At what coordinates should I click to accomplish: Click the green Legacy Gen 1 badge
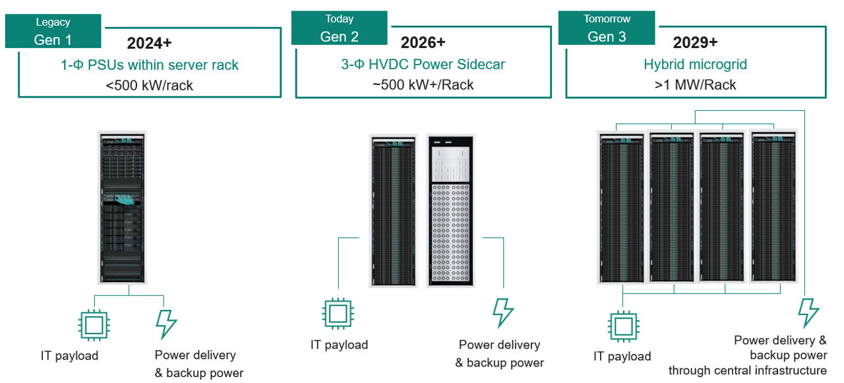(53, 31)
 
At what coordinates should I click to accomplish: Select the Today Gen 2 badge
(339, 28)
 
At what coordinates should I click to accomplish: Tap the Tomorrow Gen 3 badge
(607, 28)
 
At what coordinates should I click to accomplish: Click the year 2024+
(149, 44)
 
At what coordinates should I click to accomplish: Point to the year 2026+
(423, 44)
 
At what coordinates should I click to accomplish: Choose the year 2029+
(695, 44)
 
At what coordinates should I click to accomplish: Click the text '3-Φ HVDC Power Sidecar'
(423, 65)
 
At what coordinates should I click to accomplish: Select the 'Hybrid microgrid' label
(695, 65)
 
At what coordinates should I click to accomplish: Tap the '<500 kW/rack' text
(149, 85)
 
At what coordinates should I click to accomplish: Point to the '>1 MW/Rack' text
(695, 85)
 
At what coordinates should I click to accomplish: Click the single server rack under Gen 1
(122, 208)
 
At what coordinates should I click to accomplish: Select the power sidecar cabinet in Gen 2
(450, 210)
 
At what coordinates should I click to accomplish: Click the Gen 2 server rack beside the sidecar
(394, 210)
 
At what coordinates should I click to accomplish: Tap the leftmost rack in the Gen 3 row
(622, 208)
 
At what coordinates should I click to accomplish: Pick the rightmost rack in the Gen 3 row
(773, 208)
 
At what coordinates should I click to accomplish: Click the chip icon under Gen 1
(94, 324)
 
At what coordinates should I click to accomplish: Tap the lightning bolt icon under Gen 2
(503, 312)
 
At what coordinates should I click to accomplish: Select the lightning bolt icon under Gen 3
(808, 312)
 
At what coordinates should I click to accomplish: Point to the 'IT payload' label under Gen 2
(339, 345)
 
